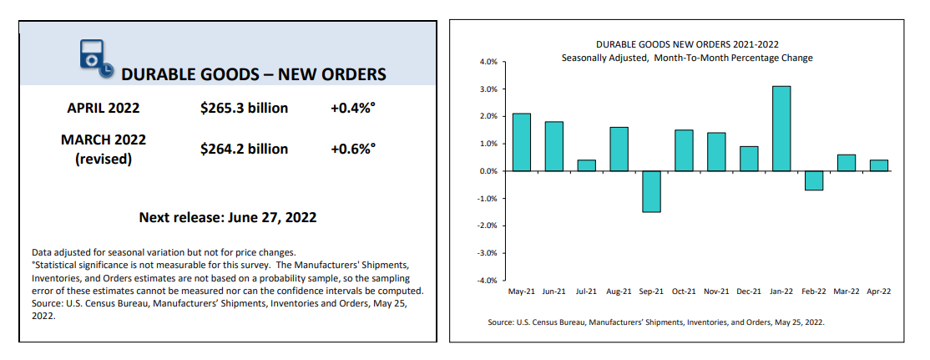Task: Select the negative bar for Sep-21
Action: pyautogui.click(x=651, y=191)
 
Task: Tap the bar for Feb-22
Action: pyautogui.click(x=814, y=180)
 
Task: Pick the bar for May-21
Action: pyautogui.click(x=522, y=142)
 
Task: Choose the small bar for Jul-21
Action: pyautogui.click(x=587, y=165)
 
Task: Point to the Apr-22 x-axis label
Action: pyautogui.click(x=879, y=292)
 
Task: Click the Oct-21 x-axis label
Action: pyautogui.click(x=684, y=292)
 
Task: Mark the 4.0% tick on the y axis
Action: pyautogui.click(x=488, y=62)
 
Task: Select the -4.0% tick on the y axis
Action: pyautogui.click(x=487, y=280)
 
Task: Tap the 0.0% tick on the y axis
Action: pyautogui.click(x=488, y=171)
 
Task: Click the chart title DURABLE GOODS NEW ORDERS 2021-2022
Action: pyautogui.click(x=687, y=44)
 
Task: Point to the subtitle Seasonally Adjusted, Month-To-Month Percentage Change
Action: pyautogui.click(x=687, y=58)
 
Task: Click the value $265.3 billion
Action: pyautogui.click(x=244, y=108)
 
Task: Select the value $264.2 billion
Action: pyautogui.click(x=244, y=149)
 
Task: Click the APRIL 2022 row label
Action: pyautogui.click(x=103, y=108)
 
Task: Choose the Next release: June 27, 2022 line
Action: pyautogui.click(x=227, y=217)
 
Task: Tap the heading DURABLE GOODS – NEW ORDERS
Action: pyautogui.click(x=254, y=74)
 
